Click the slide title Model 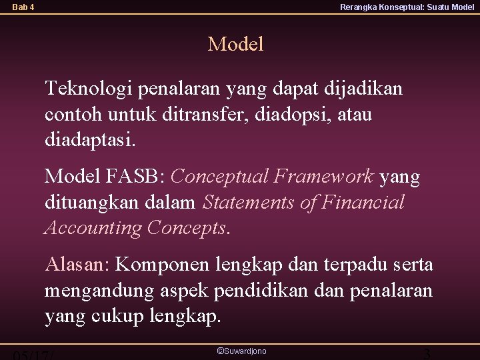[x=236, y=45]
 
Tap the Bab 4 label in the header [x=23, y=7]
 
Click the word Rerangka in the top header [x=360, y=7]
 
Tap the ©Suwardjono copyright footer [x=241, y=350]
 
